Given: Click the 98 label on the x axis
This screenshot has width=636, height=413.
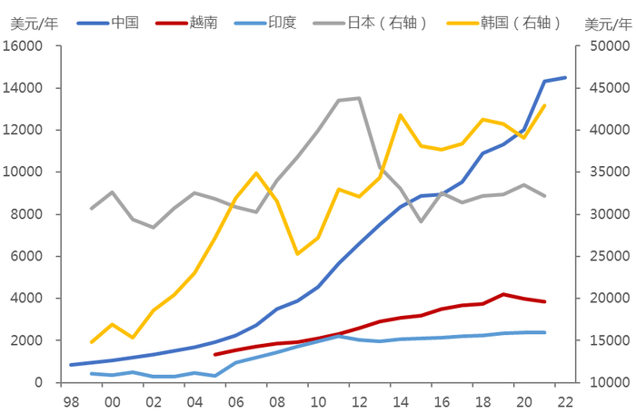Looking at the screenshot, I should coord(71,400).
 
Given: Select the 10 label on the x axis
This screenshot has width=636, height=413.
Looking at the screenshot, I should coord(318,400).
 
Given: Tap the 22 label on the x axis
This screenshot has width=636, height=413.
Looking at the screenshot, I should coord(565,400).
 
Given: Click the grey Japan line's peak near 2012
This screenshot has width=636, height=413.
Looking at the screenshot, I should coord(359,98).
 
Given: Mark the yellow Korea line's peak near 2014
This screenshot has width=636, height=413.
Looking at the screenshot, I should coord(401,115).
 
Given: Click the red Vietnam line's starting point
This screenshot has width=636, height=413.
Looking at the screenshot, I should coord(215,354).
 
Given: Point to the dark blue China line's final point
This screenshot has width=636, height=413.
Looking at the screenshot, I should coord(565,77).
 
